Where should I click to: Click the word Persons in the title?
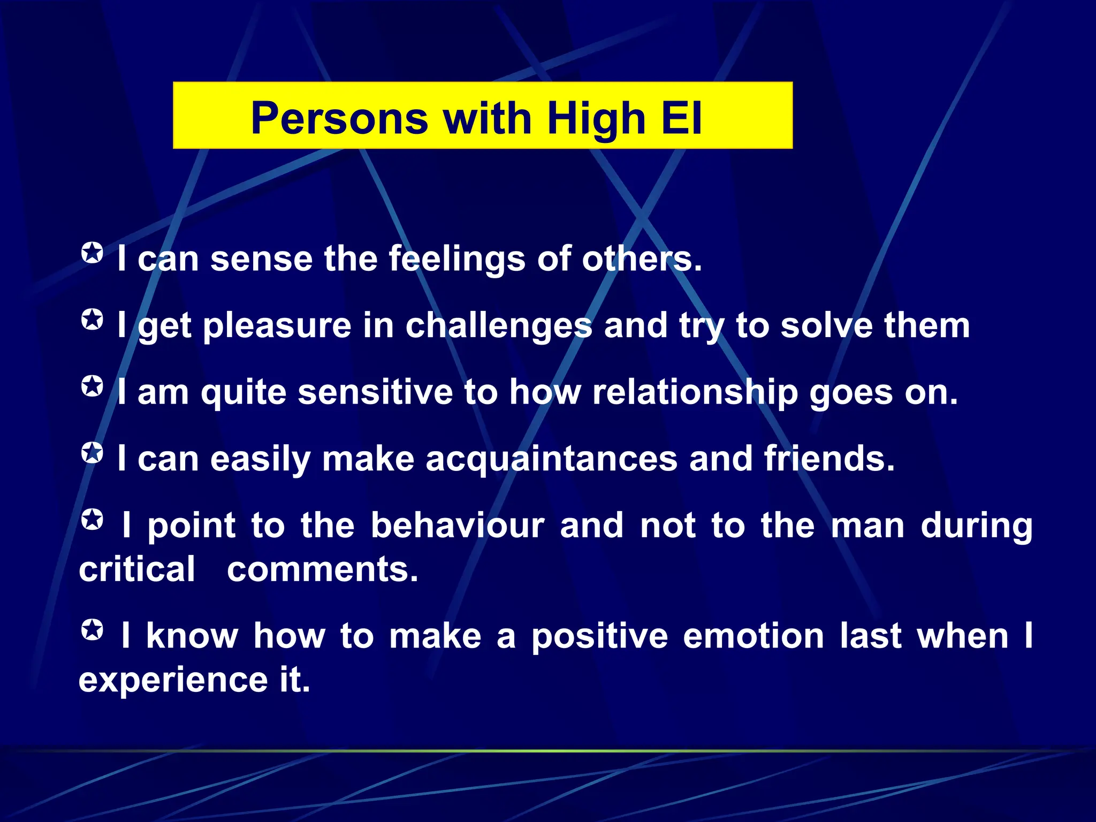(x=339, y=118)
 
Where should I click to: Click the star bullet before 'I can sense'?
(x=92, y=253)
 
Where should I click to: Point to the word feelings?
(x=457, y=260)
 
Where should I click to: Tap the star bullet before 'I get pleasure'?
(x=92, y=319)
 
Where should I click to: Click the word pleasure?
(x=277, y=326)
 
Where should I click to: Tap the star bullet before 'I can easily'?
(x=92, y=453)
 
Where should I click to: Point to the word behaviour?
(x=458, y=525)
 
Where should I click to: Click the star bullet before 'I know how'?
(x=92, y=629)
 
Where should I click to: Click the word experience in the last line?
(x=173, y=680)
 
